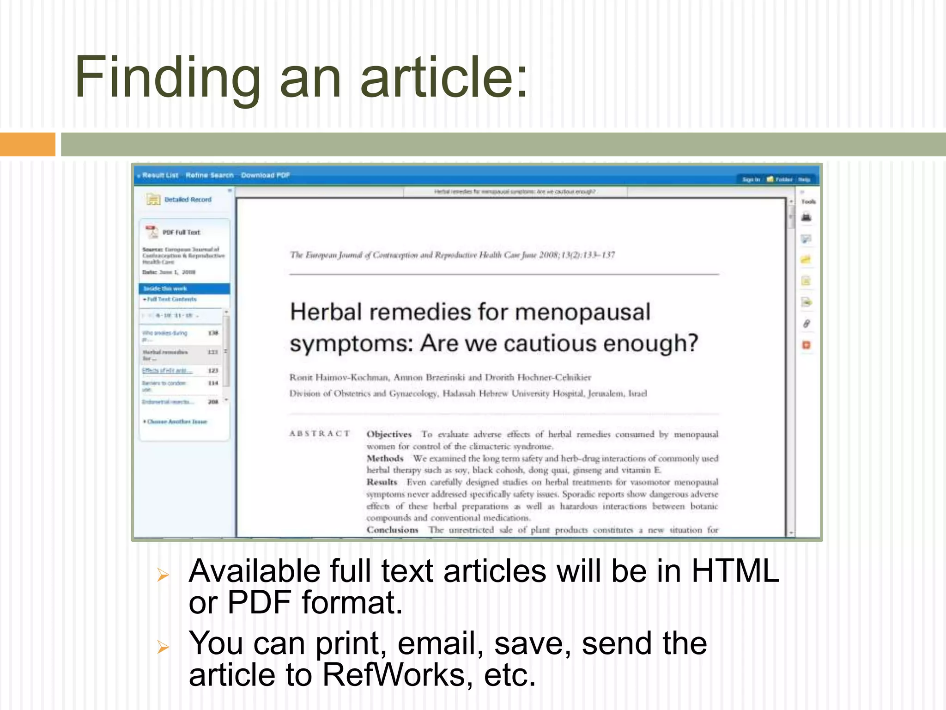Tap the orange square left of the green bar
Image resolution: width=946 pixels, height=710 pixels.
(x=27, y=144)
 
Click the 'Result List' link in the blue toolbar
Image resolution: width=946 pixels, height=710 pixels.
(x=160, y=175)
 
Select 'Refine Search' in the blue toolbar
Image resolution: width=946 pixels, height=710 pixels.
(x=209, y=175)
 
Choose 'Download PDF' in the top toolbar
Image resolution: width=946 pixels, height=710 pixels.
(x=265, y=175)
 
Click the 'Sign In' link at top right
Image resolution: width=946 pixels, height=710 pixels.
(x=751, y=179)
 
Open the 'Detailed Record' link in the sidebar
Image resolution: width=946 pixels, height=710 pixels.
(x=188, y=200)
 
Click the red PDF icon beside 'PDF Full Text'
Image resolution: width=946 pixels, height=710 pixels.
(x=152, y=231)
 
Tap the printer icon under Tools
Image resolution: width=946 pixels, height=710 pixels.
(x=806, y=217)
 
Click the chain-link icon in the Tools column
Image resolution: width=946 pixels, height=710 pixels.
(x=806, y=324)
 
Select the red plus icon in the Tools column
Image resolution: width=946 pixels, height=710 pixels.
(x=806, y=345)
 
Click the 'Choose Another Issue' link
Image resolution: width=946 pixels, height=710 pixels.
(x=176, y=422)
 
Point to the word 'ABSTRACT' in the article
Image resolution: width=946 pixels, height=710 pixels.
(x=319, y=434)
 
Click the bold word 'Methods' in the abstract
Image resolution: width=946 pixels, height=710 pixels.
(x=385, y=458)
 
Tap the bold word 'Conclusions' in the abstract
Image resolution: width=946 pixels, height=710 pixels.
(x=392, y=530)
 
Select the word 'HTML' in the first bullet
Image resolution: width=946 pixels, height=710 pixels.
(x=735, y=571)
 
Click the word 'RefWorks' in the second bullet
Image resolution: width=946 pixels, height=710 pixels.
(x=397, y=675)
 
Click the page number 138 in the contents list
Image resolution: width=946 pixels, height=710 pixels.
(x=213, y=333)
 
